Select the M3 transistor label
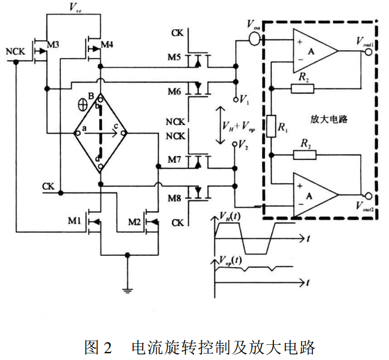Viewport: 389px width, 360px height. (52, 45)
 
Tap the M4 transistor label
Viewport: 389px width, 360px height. (108, 45)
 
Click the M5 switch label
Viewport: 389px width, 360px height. (174, 58)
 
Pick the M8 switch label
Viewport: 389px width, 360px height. (174, 197)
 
